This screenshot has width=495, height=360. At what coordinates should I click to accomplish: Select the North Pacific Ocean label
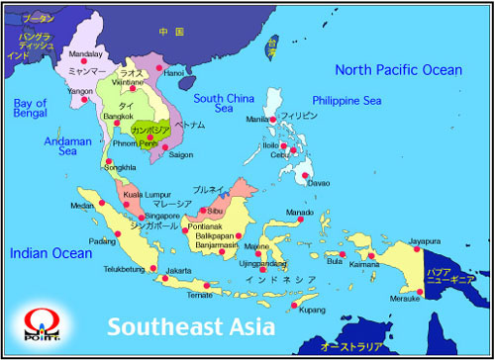398,69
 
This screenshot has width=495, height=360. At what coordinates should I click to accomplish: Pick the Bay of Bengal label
29,109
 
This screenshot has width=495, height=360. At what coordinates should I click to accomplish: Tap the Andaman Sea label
66,147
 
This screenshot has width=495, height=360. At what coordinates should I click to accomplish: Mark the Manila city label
255,120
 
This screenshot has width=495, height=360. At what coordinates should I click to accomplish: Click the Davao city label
318,183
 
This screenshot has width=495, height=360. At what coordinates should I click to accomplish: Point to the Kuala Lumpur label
145,196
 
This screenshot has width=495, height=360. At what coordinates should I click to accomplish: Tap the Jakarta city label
179,270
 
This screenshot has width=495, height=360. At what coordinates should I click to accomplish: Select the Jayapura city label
425,240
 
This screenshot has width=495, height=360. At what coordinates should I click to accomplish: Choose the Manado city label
299,213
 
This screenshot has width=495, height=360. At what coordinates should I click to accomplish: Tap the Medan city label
82,206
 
